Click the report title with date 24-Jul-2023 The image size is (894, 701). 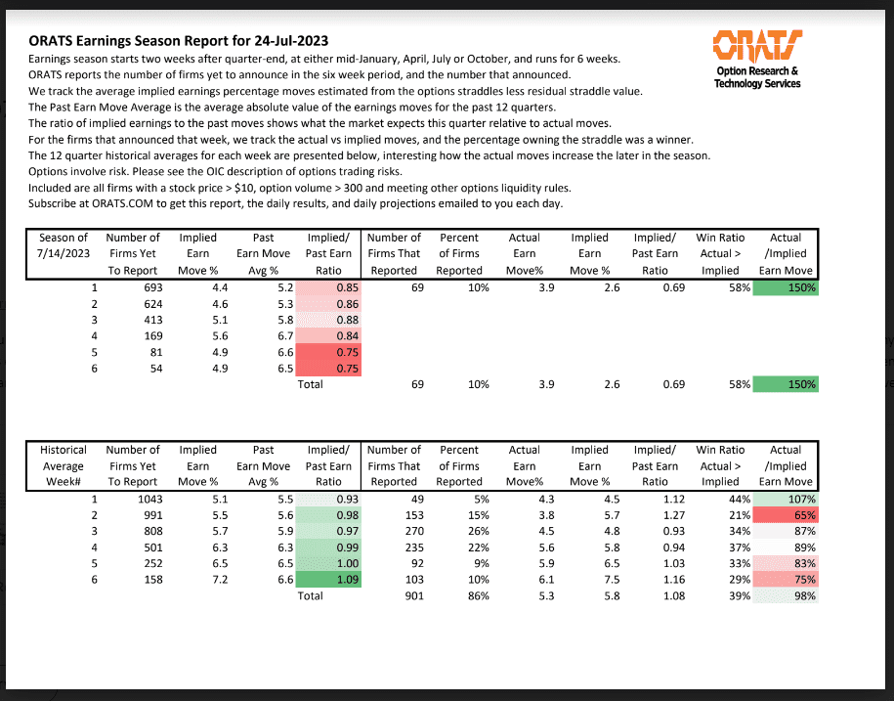point(179,41)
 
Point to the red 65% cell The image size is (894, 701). point(786,516)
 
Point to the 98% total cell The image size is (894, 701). point(786,595)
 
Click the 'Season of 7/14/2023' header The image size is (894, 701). point(64,245)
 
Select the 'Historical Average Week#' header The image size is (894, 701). point(64,466)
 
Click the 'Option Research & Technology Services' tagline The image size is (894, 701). point(757,77)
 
